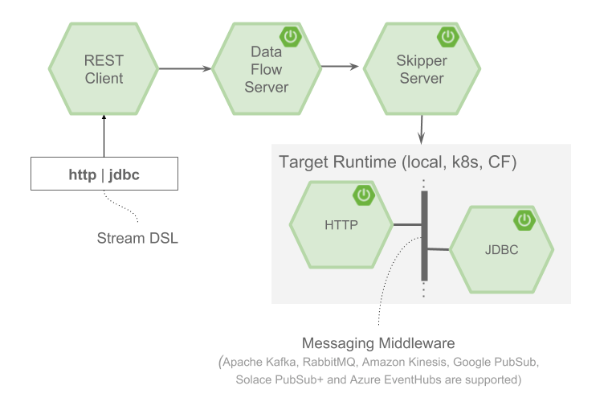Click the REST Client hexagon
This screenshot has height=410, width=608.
[x=104, y=69]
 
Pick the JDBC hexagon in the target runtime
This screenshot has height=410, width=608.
[x=501, y=249]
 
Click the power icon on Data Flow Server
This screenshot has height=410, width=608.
[x=289, y=36]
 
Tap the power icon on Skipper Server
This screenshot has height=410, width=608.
[x=446, y=36]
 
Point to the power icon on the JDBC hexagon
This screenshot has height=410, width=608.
[x=524, y=219]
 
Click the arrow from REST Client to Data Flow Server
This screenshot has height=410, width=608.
[x=185, y=69]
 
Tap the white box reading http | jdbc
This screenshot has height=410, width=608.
[x=104, y=174]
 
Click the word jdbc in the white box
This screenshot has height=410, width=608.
[x=124, y=174]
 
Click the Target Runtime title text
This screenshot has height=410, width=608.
[x=398, y=162]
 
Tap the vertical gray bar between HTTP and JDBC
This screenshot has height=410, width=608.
[x=424, y=236]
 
